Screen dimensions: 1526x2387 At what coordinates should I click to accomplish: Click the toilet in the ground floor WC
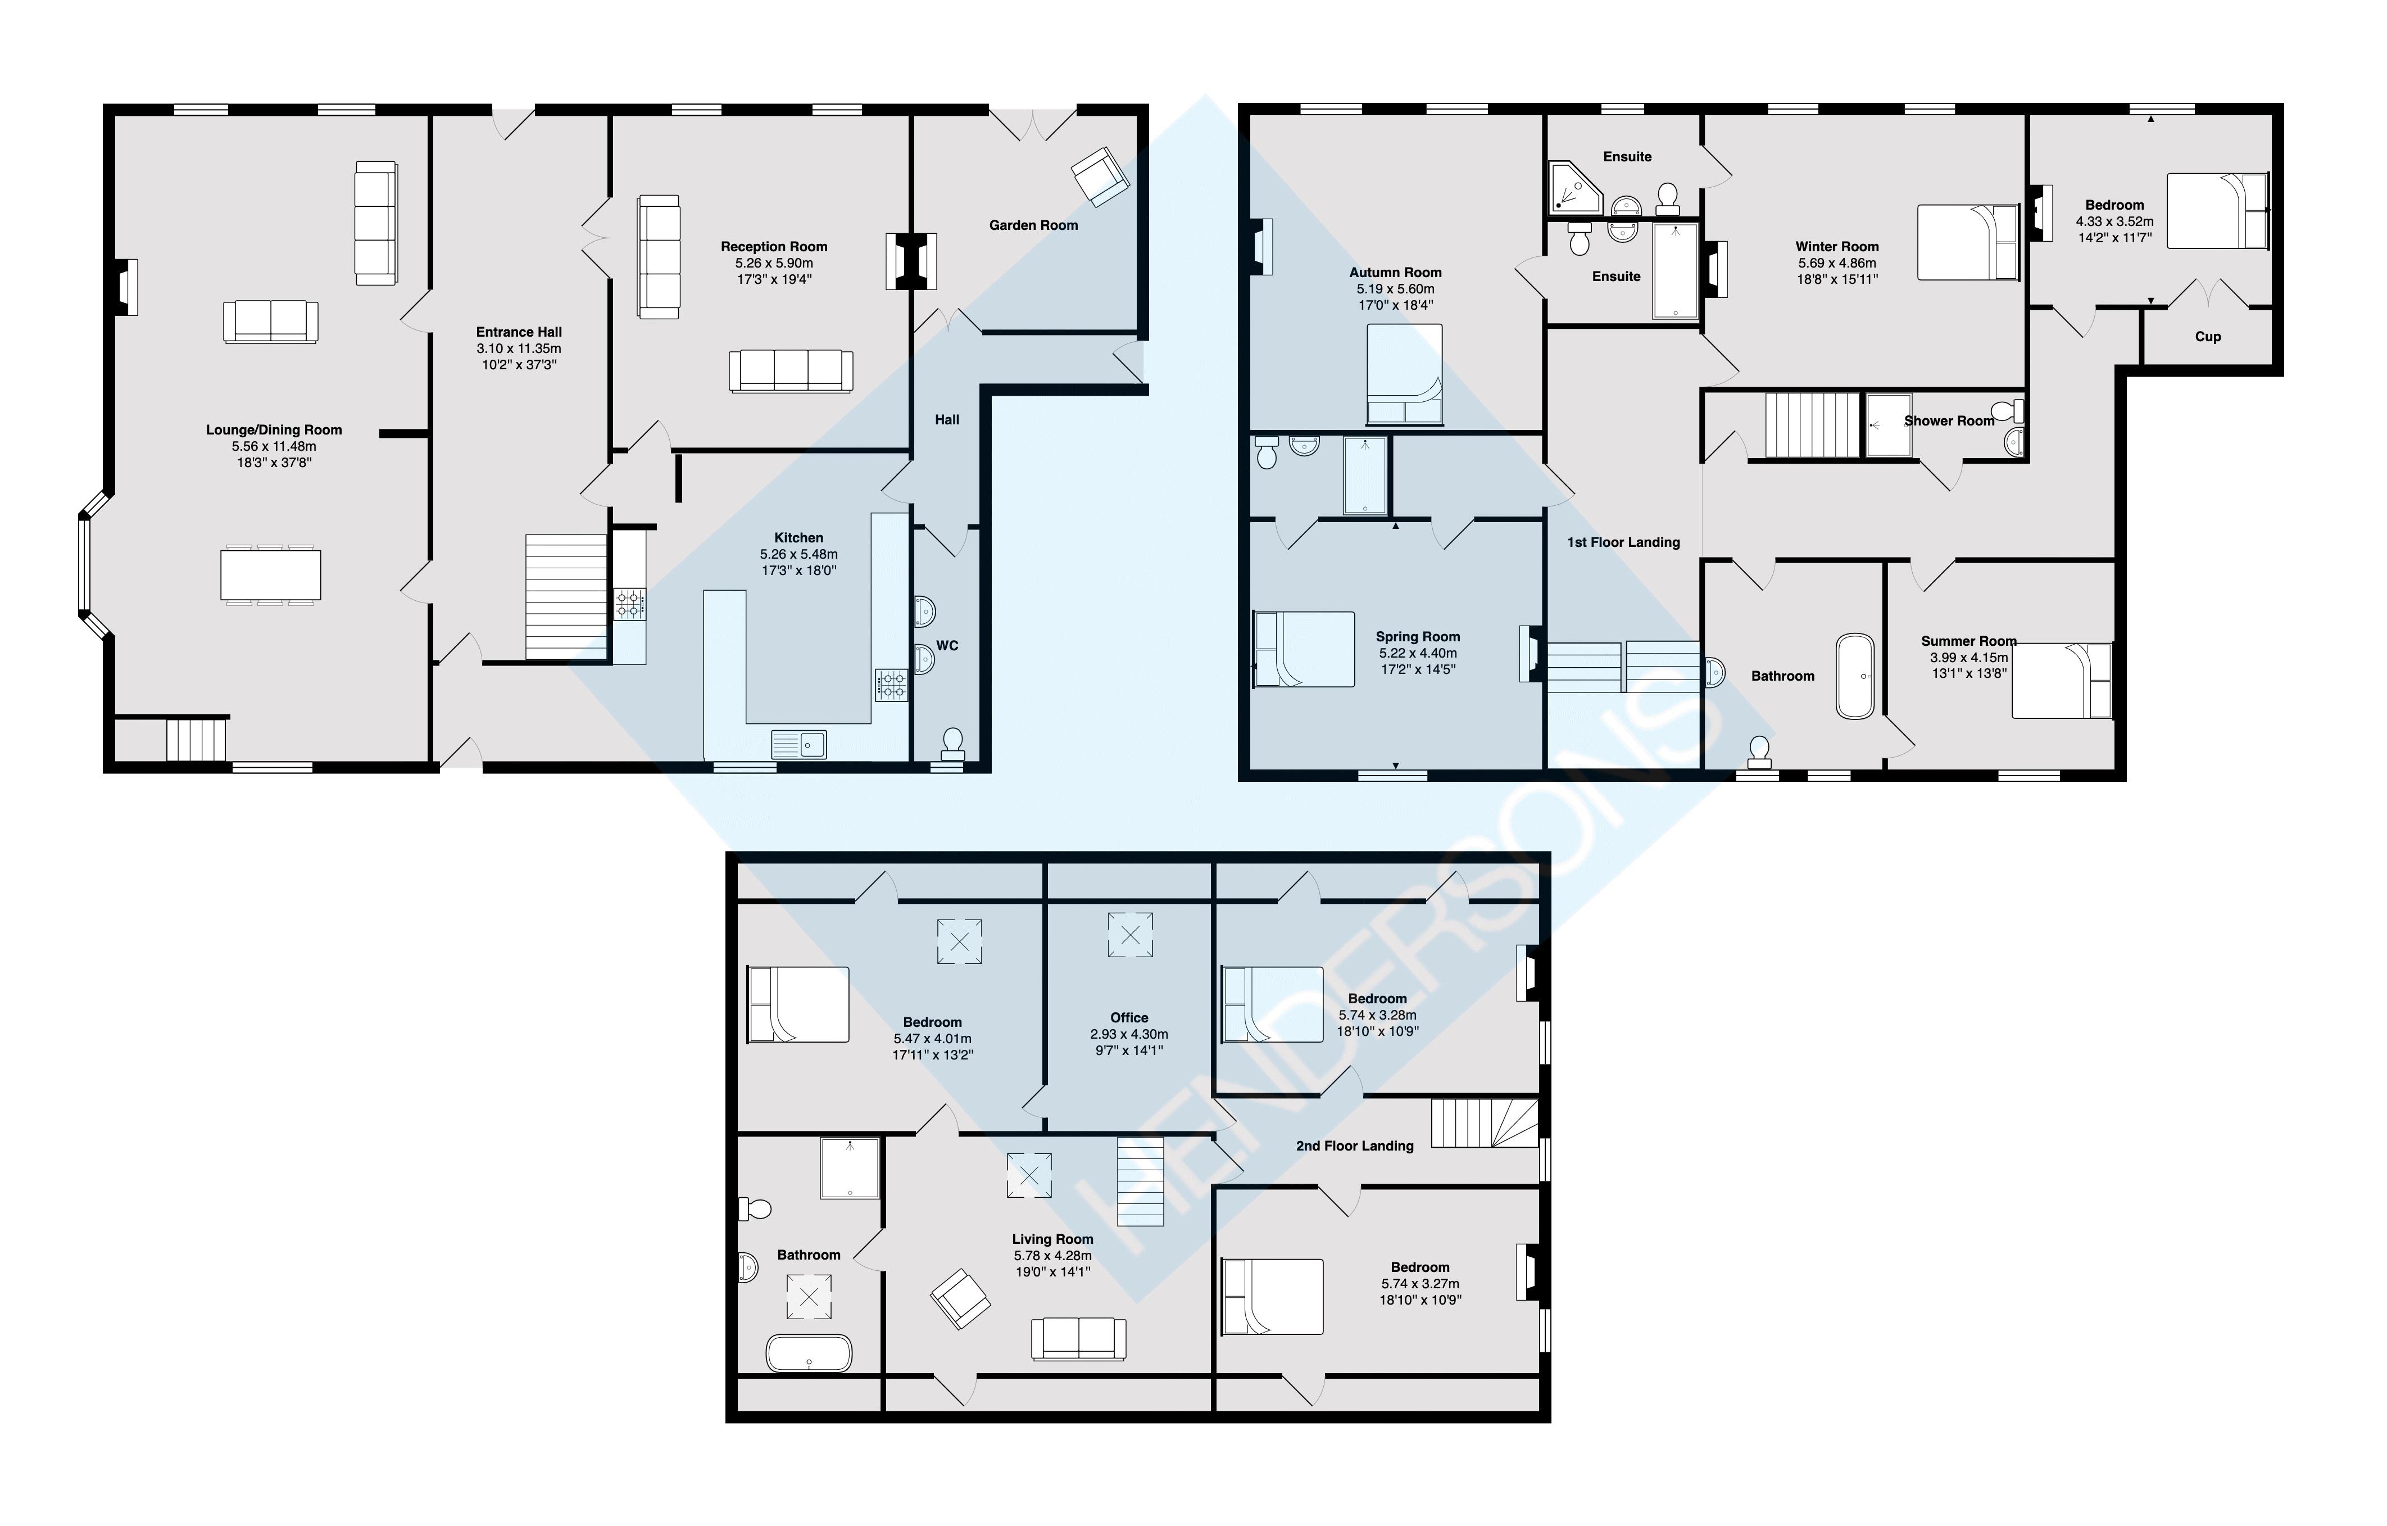952,742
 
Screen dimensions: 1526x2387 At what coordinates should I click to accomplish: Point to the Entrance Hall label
519,332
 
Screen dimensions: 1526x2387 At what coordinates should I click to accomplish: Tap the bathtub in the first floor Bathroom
1855,675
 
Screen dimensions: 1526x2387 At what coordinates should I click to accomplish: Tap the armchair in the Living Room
960,1298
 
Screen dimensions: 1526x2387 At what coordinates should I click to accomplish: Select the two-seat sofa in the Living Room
1078,1339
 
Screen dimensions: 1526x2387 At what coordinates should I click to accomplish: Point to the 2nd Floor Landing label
1354,1145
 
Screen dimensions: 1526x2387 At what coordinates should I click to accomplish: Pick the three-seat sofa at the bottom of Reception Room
790,371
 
